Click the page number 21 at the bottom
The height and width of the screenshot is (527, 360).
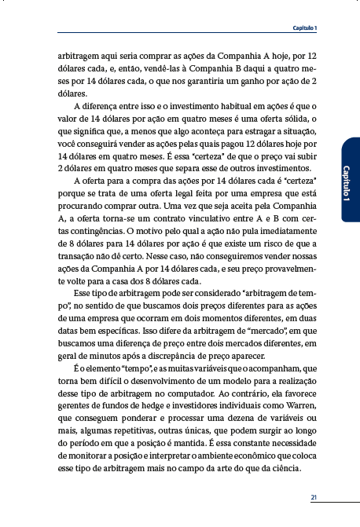click(314, 497)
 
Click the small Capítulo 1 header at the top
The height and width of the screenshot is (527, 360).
click(304, 28)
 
